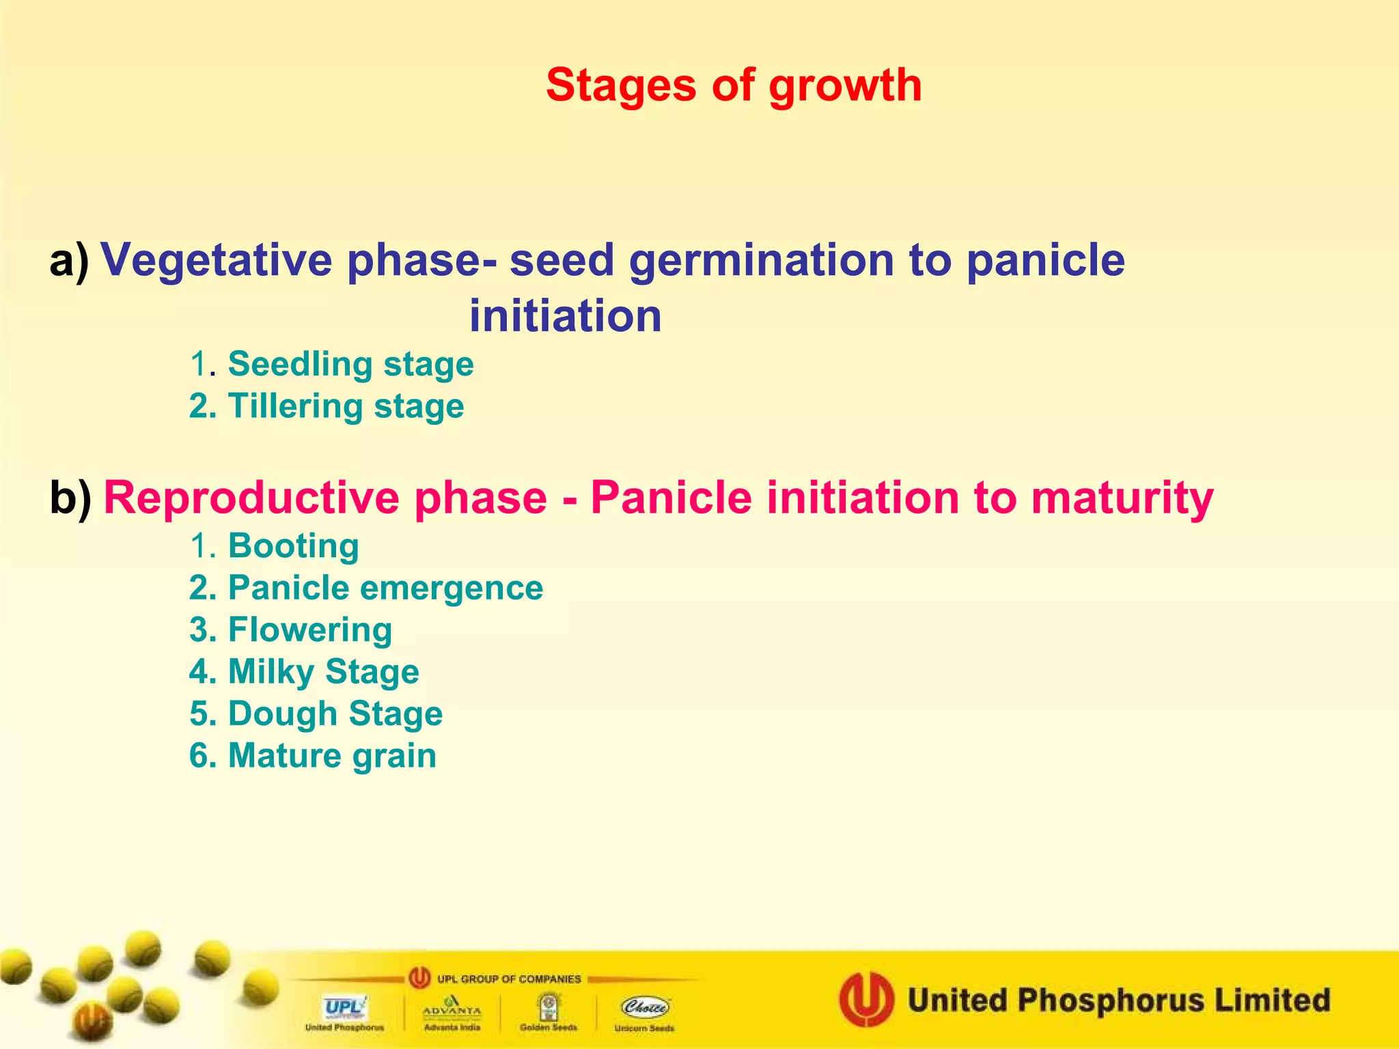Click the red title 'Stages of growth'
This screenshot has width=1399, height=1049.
click(x=734, y=85)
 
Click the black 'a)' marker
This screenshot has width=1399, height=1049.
click(x=69, y=261)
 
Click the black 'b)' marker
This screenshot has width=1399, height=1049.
click(x=70, y=498)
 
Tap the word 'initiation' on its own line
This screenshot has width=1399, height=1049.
click(x=565, y=317)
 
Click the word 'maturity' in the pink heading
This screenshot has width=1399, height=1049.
click(x=1122, y=498)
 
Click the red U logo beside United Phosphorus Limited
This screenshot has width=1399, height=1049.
click(x=866, y=999)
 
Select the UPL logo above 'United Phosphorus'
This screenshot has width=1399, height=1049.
click(x=345, y=1007)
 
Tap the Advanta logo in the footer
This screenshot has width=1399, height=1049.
click(x=452, y=1007)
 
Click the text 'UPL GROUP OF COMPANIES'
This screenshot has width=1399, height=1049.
click(x=508, y=979)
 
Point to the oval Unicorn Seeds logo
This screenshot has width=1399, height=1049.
click(x=645, y=1007)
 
